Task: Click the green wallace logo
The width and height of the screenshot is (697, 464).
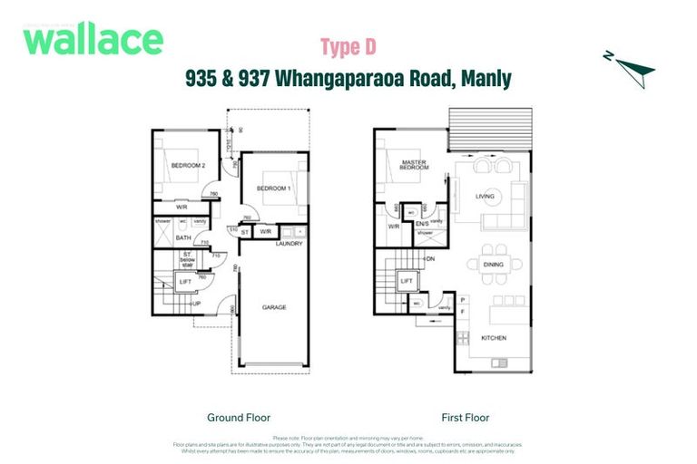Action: point(93,40)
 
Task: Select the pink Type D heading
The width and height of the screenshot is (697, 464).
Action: point(348,46)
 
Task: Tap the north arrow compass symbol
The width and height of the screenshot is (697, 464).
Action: point(628,68)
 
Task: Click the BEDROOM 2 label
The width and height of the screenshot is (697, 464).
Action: point(189,166)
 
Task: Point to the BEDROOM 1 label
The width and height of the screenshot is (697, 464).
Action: point(273,188)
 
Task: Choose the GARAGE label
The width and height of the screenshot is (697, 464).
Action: point(274,307)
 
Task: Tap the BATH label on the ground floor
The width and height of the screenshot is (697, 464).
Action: point(183,238)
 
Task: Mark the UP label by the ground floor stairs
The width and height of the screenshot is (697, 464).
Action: point(197,303)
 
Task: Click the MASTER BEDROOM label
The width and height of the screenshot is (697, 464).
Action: point(414,167)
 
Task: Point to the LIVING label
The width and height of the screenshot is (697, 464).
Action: point(485,195)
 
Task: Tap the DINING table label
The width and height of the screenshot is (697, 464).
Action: point(493,265)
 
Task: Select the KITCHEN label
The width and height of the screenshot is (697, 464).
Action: point(494,339)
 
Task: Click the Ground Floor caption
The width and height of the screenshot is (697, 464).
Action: point(238,418)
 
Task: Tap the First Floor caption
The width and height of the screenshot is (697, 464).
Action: point(466,418)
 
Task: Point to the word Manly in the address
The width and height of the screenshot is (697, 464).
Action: point(486,79)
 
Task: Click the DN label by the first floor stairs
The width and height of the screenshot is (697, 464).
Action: point(430,258)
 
